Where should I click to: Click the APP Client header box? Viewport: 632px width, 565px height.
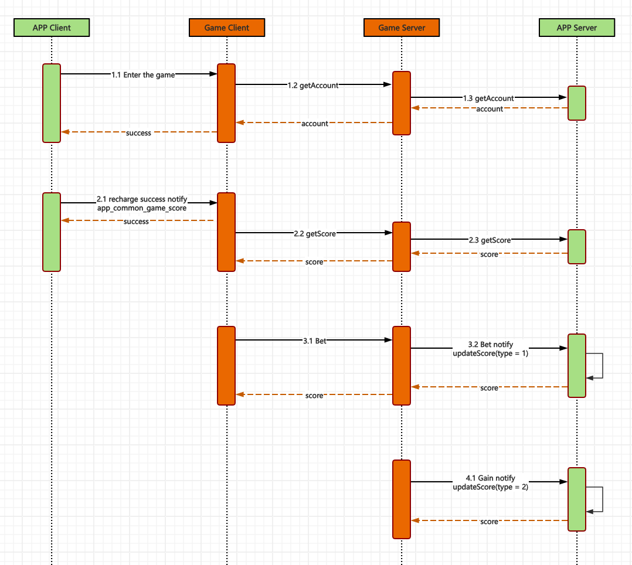click(52, 28)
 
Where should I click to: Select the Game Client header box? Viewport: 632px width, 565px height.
click(226, 28)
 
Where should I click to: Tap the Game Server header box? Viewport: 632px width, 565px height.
click(402, 28)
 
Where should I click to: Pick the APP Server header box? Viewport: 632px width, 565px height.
click(576, 28)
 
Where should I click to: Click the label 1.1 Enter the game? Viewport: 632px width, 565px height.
click(143, 75)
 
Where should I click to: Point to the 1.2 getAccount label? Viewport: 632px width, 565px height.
click(313, 86)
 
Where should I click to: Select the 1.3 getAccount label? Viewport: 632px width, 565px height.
click(488, 98)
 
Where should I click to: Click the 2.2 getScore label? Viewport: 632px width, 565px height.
click(315, 234)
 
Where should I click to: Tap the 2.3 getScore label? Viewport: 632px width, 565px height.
click(490, 240)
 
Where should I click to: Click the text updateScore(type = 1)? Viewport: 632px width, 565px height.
click(490, 353)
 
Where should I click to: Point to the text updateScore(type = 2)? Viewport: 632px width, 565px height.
click(490, 487)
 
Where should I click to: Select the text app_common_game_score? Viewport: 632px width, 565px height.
click(142, 208)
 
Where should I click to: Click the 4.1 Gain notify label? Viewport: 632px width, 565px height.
click(490, 478)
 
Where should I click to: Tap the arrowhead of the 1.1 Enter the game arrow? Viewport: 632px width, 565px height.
click(213, 74)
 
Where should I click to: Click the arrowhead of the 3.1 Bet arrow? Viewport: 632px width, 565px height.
click(388, 340)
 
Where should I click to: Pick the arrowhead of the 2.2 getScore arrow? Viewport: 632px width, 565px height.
click(388, 233)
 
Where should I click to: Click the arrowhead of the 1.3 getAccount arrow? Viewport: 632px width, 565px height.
click(563, 98)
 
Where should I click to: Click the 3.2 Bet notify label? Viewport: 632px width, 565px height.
click(490, 345)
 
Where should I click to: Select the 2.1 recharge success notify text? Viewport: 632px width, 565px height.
click(142, 199)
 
